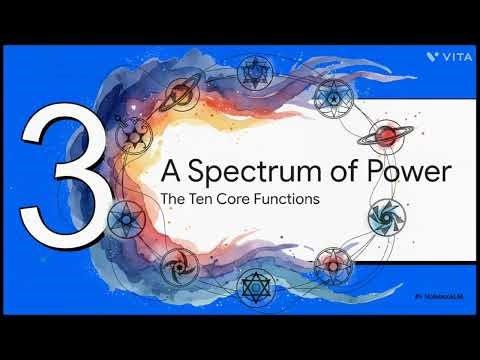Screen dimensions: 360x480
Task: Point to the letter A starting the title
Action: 171,173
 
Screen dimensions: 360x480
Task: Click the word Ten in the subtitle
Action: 200,199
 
